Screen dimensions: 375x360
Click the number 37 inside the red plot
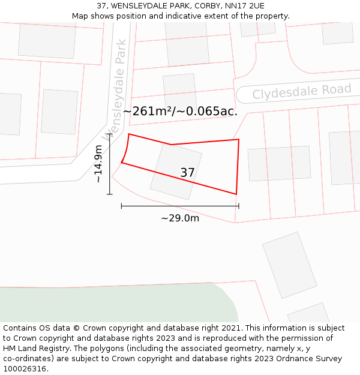[x=187, y=173]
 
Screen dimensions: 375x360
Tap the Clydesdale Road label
[x=302, y=92]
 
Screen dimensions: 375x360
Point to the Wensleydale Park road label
[x=115, y=90]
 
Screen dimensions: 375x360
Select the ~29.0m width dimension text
[x=180, y=218]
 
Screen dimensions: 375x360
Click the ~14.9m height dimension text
[x=99, y=164]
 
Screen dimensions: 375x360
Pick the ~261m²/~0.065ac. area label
[x=180, y=111]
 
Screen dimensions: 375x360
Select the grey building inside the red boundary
[x=176, y=172]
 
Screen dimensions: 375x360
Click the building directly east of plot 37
[x=279, y=163]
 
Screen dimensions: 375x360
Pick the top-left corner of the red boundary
[x=129, y=134]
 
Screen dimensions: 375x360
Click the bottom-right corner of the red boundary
[x=236, y=194]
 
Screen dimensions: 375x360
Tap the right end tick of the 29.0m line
[x=239, y=206]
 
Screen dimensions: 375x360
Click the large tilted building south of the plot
[x=290, y=265]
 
